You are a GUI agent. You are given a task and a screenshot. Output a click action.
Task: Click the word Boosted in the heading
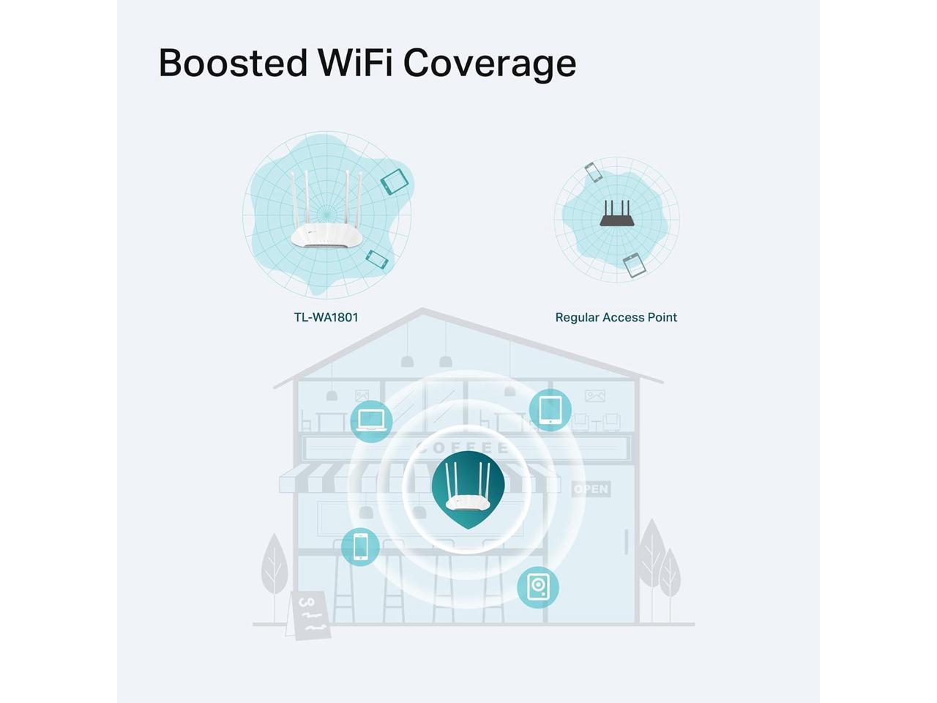coord(233,63)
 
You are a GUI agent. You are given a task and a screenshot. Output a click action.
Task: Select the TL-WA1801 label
coord(326,317)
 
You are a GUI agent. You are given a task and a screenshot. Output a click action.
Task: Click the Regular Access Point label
coord(616,317)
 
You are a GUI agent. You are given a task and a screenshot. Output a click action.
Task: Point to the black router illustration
coord(616,214)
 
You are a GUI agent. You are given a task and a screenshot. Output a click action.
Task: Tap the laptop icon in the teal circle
coord(371,421)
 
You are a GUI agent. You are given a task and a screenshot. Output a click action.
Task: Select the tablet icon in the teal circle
coord(550,410)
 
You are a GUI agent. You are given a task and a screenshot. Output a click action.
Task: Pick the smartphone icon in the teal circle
coord(360,546)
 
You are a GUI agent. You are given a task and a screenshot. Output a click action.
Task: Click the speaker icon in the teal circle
coord(538,587)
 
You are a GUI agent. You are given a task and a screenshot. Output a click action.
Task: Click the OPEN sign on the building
coord(591,488)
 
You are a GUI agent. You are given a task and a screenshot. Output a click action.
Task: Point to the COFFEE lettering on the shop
coord(462,447)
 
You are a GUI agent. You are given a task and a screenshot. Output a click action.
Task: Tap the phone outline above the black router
coord(593,173)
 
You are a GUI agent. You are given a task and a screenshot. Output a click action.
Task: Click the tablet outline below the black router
coord(634,265)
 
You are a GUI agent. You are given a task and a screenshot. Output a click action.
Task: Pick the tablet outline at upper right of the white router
coord(394,181)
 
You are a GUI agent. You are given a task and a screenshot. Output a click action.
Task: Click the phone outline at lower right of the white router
coord(377,258)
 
